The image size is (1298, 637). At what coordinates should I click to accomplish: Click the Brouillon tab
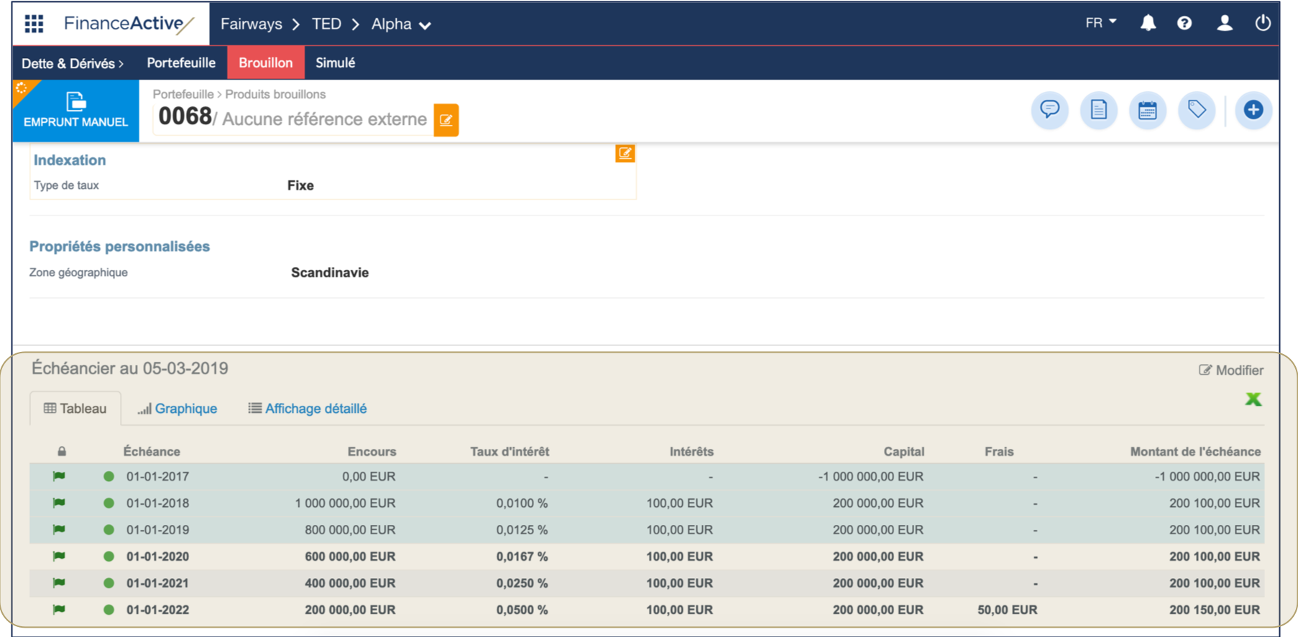pyautogui.click(x=265, y=63)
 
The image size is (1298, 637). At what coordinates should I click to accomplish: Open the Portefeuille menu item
pyautogui.click(x=181, y=63)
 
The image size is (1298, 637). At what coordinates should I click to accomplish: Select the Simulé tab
pyautogui.click(x=335, y=63)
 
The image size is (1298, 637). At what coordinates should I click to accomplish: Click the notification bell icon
pyautogui.click(x=1148, y=24)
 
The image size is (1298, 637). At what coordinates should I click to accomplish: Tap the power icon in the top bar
pyautogui.click(x=1262, y=24)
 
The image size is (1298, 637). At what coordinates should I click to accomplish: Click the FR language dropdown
pyautogui.click(x=1100, y=23)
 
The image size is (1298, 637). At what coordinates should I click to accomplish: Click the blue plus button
pyautogui.click(x=1253, y=110)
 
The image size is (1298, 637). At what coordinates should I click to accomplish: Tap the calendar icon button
pyautogui.click(x=1147, y=110)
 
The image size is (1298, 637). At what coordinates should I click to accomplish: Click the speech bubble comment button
pyautogui.click(x=1049, y=110)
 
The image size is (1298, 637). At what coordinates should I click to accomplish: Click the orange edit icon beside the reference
pyautogui.click(x=446, y=120)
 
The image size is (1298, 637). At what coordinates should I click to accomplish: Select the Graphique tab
pyautogui.click(x=178, y=409)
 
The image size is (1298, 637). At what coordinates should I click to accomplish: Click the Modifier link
pyautogui.click(x=1231, y=371)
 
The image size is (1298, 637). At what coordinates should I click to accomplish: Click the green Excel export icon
pyautogui.click(x=1253, y=399)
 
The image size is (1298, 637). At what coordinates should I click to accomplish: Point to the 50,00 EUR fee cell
pyautogui.click(x=1007, y=610)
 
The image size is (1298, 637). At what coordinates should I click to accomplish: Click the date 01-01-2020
pyautogui.click(x=157, y=557)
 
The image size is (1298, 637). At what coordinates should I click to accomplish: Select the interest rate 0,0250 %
pyautogui.click(x=522, y=583)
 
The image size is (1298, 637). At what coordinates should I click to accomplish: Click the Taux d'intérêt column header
pyautogui.click(x=510, y=452)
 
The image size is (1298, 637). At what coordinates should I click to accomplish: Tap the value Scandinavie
pyautogui.click(x=330, y=273)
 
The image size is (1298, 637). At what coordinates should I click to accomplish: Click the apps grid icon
pyautogui.click(x=34, y=24)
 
